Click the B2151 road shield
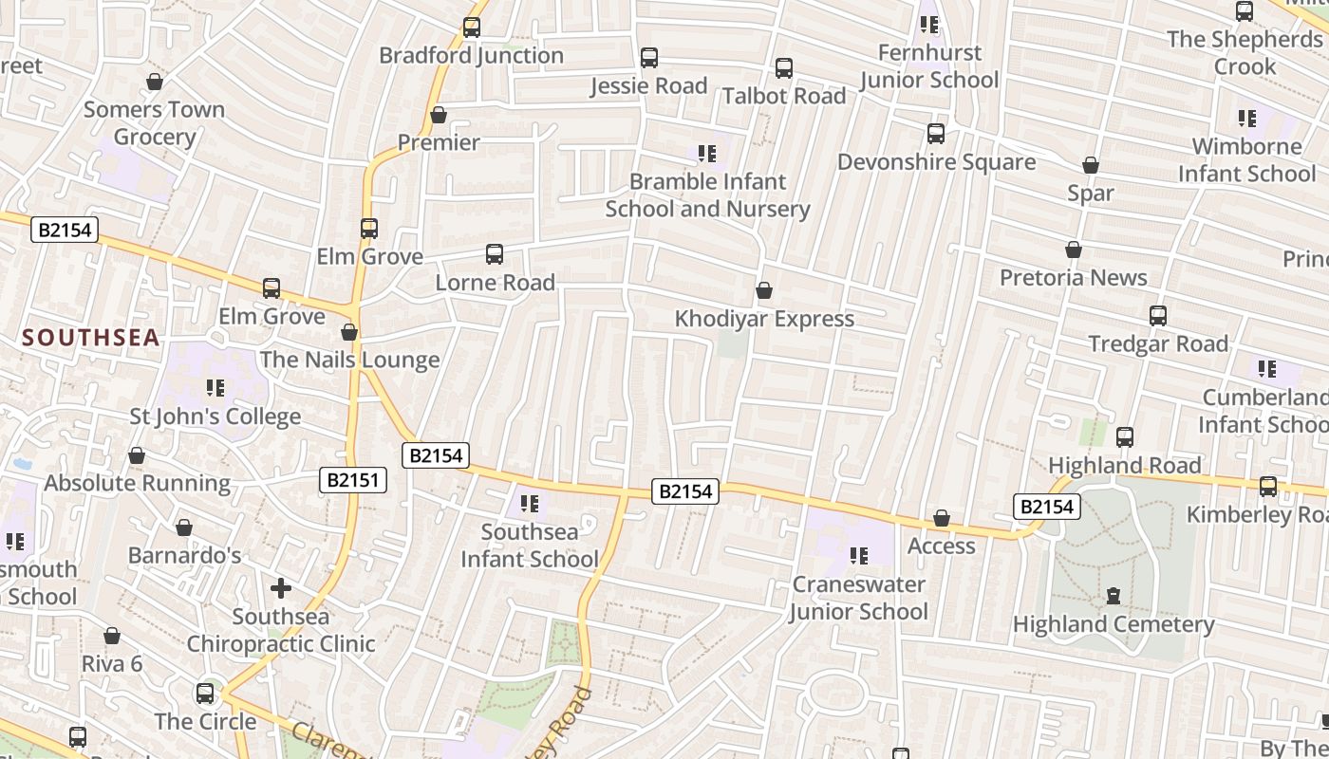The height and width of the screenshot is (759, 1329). point(352,480)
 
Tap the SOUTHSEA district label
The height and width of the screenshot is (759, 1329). point(91,338)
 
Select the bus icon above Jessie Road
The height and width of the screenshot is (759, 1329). point(649,58)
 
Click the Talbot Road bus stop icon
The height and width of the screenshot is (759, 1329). point(784,68)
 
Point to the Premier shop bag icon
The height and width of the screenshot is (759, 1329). point(439,116)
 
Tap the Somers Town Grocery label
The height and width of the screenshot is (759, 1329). point(154,123)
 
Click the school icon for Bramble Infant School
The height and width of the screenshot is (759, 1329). point(706,154)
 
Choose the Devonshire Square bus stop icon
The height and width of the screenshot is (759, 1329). point(936,134)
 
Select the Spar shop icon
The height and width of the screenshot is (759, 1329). point(1091,166)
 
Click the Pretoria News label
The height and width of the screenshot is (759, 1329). point(1074,278)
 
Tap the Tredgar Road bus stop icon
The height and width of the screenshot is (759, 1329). point(1158,316)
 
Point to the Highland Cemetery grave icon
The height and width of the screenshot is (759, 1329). point(1113,596)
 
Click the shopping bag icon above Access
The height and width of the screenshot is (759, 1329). point(942,519)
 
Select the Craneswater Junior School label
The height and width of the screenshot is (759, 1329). point(858,598)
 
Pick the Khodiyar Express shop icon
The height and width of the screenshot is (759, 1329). point(764,290)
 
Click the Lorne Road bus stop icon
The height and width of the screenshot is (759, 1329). point(495,254)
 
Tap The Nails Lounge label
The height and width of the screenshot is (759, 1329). point(349,361)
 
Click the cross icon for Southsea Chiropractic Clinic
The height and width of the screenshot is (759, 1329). point(281,588)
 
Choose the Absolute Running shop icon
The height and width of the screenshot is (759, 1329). point(137,456)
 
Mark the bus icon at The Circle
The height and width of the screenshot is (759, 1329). point(205,694)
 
